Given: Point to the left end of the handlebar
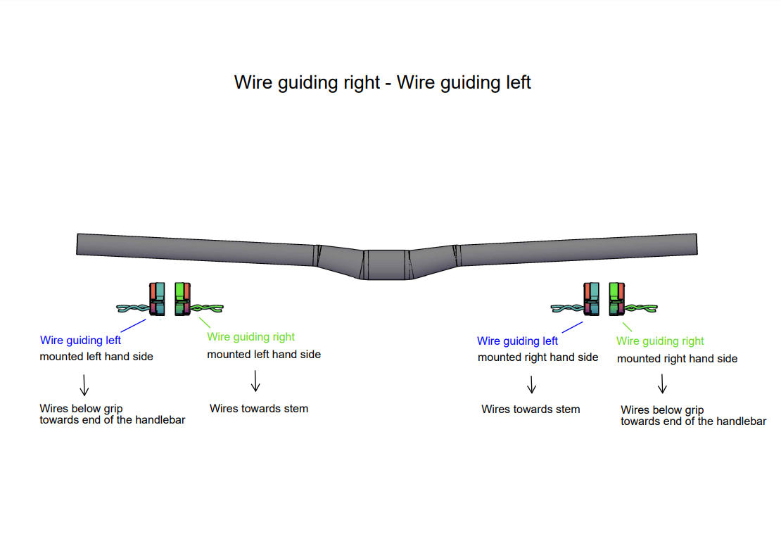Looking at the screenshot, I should (x=80, y=243).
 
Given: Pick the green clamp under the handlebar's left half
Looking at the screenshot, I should (x=182, y=300).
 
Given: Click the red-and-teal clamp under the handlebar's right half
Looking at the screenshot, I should (x=591, y=300).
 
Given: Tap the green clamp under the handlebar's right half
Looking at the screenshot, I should (x=617, y=300).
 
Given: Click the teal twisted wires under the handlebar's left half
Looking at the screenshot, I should (x=133, y=308).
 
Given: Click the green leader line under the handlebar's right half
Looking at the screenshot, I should (x=627, y=326).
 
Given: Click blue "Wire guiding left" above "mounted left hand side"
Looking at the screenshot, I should (x=80, y=341).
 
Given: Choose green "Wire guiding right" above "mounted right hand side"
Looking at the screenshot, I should (x=660, y=341).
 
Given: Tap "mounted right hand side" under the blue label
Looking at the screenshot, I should (x=538, y=357).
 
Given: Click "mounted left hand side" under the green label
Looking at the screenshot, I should (x=264, y=355).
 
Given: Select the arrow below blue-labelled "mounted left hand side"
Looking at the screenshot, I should (x=84, y=384).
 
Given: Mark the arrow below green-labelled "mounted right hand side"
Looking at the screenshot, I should (x=662, y=384).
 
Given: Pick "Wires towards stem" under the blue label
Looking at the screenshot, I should (x=531, y=409).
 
